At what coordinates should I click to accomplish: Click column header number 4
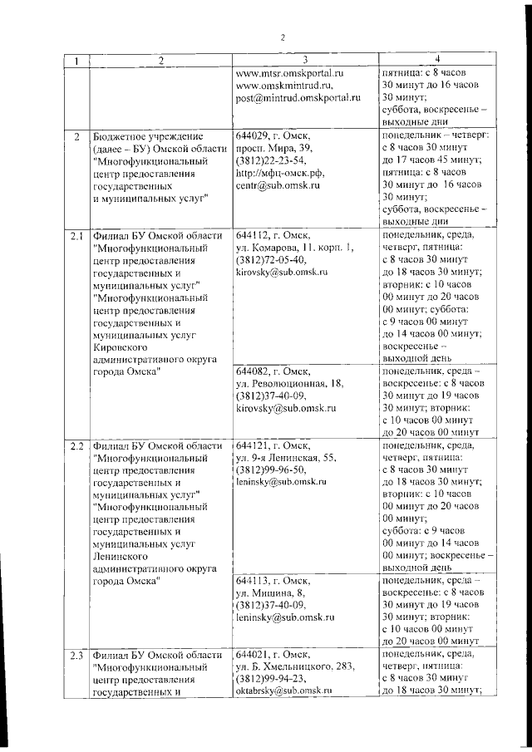(x=438, y=59)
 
